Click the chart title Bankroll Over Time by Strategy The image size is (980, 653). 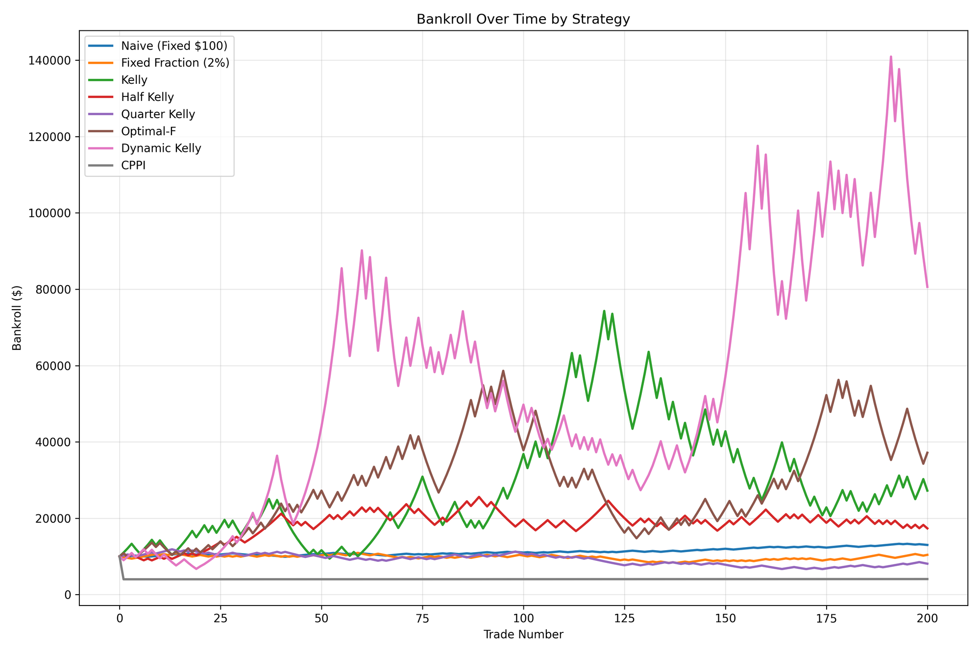tap(523, 20)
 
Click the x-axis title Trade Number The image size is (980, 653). tap(523, 635)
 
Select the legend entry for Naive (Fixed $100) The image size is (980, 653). tap(174, 46)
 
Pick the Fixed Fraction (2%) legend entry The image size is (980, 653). tap(175, 63)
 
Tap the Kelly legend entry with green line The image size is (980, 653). tap(134, 80)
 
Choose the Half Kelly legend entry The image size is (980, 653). tap(147, 97)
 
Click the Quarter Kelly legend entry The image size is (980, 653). tap(158, 114)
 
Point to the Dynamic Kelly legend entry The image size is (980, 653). tap(161, 148)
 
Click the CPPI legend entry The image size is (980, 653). tap(133, 166)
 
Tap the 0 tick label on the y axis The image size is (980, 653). tap(68, 595)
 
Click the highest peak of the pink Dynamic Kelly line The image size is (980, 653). tap(891, 57)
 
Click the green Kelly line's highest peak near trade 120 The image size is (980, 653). tap(604, 311)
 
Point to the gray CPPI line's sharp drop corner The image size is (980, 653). tap(123, 579)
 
